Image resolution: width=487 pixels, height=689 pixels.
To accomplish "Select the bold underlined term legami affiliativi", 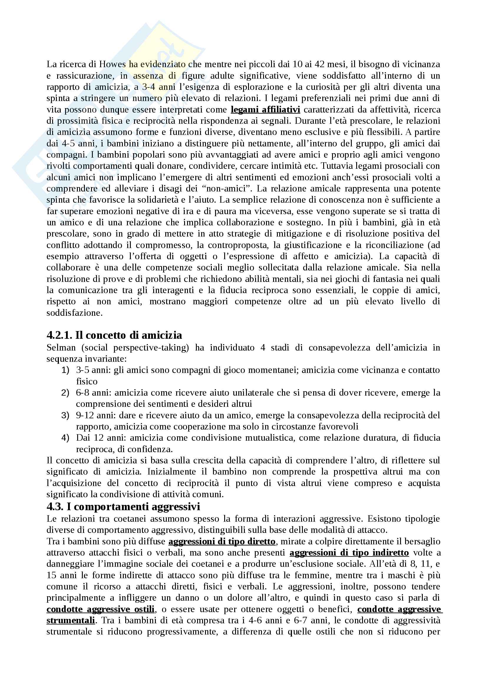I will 265,110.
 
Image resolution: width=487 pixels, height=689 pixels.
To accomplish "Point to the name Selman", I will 61,348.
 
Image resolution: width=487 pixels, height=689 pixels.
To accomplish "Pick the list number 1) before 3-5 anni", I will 65,370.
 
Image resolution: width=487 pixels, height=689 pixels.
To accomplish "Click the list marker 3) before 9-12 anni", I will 65,415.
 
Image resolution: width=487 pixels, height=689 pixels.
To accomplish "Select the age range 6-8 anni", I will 94,392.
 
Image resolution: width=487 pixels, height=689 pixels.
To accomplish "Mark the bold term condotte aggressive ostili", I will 100,609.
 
